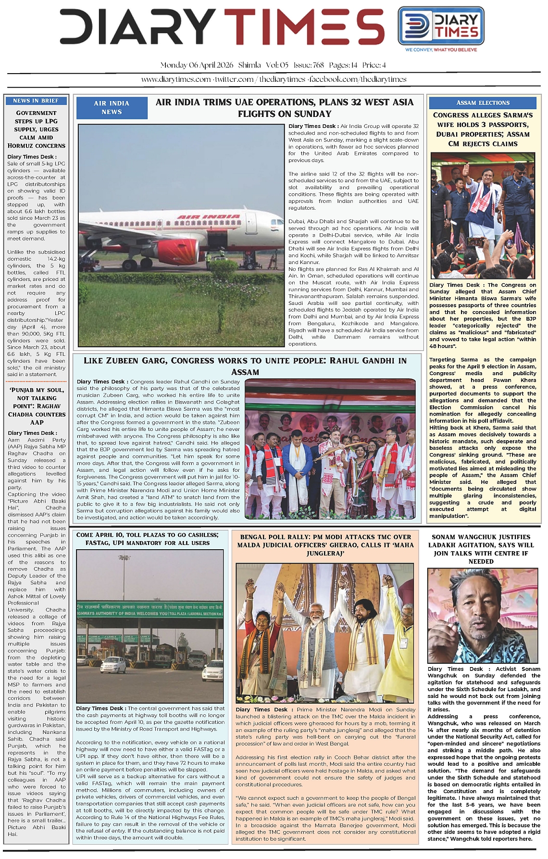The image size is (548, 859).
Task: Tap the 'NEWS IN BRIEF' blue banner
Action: [36, 101]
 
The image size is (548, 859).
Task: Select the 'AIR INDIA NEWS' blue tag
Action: [112, 107]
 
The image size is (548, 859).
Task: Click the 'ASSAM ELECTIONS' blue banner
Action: [483, 102]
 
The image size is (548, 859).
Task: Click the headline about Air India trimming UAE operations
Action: [284, 108]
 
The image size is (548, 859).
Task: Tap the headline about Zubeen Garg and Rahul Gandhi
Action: [245, 366]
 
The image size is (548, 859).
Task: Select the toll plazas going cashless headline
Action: [147, 539]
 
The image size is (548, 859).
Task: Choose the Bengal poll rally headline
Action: [325, 545]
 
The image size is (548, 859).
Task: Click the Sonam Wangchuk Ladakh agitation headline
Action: [481, 549]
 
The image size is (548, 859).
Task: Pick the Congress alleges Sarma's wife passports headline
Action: [483, 129]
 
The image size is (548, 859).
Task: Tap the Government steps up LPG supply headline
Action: [37, 129]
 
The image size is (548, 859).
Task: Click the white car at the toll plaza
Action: [113, 665]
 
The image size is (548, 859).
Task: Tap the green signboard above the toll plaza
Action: [149, 609]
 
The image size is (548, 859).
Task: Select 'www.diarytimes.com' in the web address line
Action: [176, 79]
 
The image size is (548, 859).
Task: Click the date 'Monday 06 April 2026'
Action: [197, 65]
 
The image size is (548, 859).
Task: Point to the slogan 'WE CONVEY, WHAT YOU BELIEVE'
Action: [441, 50]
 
